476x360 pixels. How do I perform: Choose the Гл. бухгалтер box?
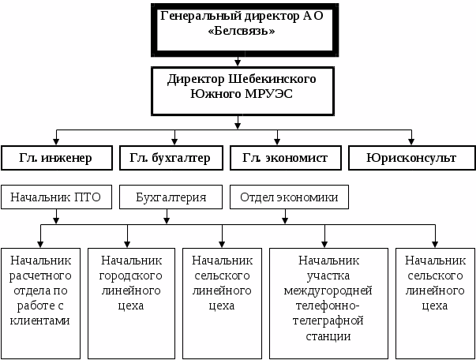(x=170, y=157)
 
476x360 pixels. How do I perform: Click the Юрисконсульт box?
(x=410, y=157)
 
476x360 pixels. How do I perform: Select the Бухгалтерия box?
(x=170, y=197)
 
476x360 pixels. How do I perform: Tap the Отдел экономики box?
(x=289, y=197)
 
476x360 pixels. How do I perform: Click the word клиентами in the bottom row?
(x=39, y=321)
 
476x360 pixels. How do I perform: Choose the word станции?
(x=329, y=336)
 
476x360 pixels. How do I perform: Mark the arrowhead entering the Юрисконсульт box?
(x=410, y=141)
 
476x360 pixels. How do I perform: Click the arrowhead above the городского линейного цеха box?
(x=126, y=244)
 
